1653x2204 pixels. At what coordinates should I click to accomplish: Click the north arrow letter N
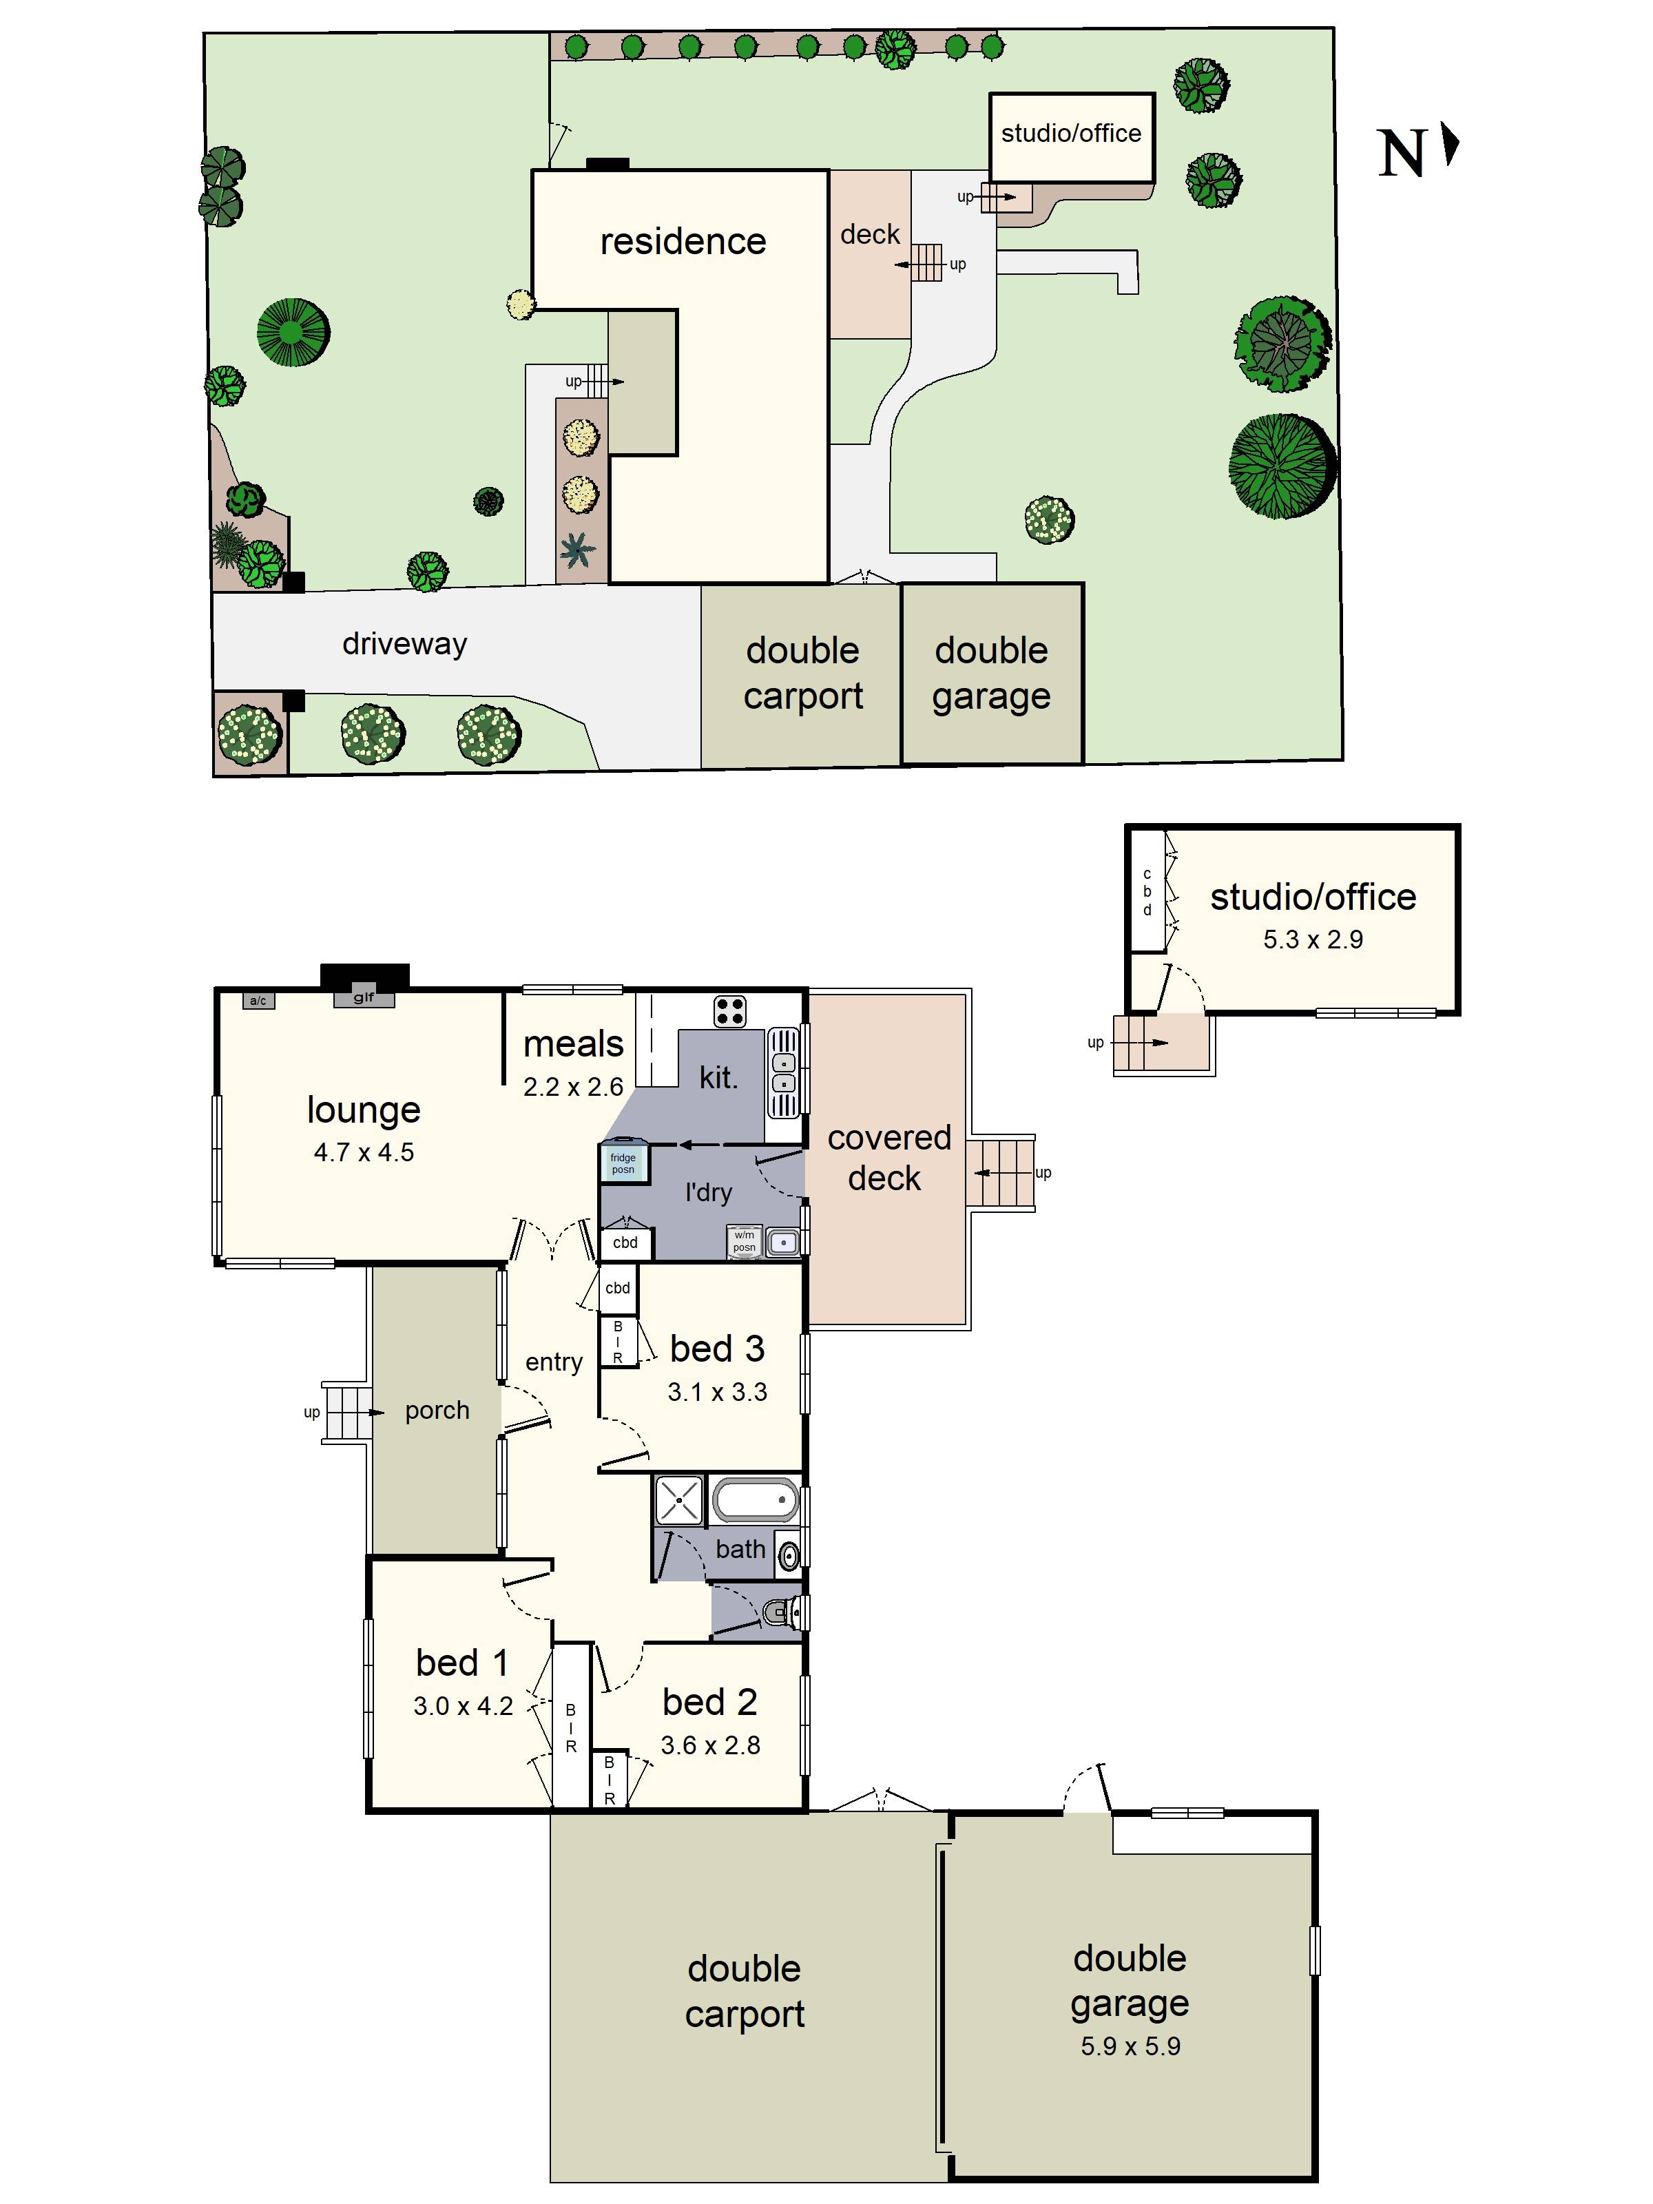[x=1402, y=154]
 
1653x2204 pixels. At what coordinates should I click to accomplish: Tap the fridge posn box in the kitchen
[x=623, y=1163]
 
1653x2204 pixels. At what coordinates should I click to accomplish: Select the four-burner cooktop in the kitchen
[x=729, y=1011]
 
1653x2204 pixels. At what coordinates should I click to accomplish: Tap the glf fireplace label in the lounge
[x=364, y=997]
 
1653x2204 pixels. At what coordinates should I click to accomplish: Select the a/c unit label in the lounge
[x=258, y=1000]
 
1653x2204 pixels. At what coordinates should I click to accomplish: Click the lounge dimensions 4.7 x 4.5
[x=364, y=1153]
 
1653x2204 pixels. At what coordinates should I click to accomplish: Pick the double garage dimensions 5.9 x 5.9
[x=1130, y=2046]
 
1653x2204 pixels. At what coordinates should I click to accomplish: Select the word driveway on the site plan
[x=404, y=644]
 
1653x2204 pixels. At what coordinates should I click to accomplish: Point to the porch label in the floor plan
[x=437, y=1410]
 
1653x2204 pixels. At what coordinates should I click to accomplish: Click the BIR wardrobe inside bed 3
[x=618, y=1341]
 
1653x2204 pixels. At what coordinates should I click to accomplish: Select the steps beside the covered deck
[x=1002, y=1173]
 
